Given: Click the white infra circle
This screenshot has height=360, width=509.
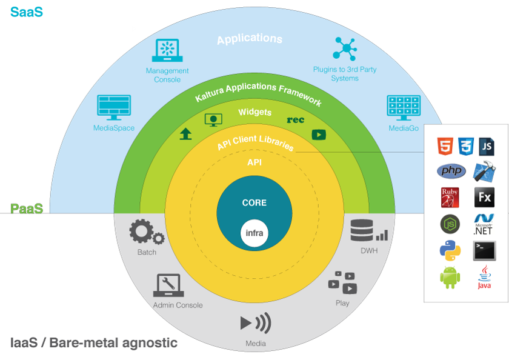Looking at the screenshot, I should (x=254, y=233).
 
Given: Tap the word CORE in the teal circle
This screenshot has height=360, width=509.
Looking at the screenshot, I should (x=254, y=203).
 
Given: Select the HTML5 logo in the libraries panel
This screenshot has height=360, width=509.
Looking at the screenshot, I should (x=445, y=147).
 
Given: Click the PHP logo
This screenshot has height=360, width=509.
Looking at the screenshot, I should (x=451, y=171).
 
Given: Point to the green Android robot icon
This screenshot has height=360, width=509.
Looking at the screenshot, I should (x=450, y=277).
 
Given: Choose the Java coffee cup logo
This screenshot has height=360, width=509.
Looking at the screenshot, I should (x=484, y=277).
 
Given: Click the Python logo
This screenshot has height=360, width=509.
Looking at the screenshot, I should (x=450, y=250).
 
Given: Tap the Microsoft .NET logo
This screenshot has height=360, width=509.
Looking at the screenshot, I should (x=484, y=224).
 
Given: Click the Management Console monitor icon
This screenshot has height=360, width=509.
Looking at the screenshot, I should (x=167, y=51).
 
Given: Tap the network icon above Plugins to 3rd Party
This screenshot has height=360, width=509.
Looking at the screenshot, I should (x=345, y=48).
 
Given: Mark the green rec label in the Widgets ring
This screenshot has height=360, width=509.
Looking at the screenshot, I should (x=295, y=120).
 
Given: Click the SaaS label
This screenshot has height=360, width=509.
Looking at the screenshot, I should (x=26, y=11).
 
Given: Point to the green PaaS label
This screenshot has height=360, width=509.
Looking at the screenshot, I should (x=26, y=209).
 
